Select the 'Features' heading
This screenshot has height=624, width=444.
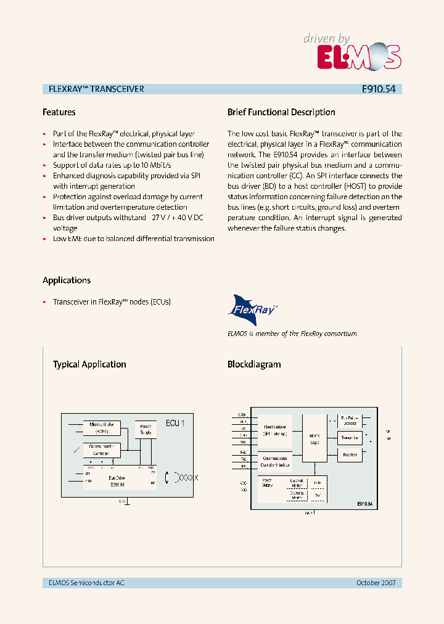tap(59, 112)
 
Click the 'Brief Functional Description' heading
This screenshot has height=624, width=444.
tap(281, 112)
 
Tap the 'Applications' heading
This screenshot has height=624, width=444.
tap(67, 280)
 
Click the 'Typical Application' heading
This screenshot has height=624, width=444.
tap(89, 364)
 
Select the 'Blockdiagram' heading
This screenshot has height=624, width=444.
tap(254, 364)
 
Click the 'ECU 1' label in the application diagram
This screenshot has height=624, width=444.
tap(175, 423)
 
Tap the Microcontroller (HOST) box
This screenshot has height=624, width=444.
tap(102, 427)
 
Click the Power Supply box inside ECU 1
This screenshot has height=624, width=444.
tap(146, 429)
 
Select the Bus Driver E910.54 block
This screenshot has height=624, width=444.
tap(117, 480)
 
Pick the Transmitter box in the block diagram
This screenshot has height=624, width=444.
tap(349, 438)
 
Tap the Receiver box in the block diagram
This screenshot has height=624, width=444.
tap(349, 454)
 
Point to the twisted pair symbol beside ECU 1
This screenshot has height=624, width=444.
tap(187, 477)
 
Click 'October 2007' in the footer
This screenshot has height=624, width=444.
tap(376, 583)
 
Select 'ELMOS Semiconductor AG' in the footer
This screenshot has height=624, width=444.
tap(86, 583)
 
